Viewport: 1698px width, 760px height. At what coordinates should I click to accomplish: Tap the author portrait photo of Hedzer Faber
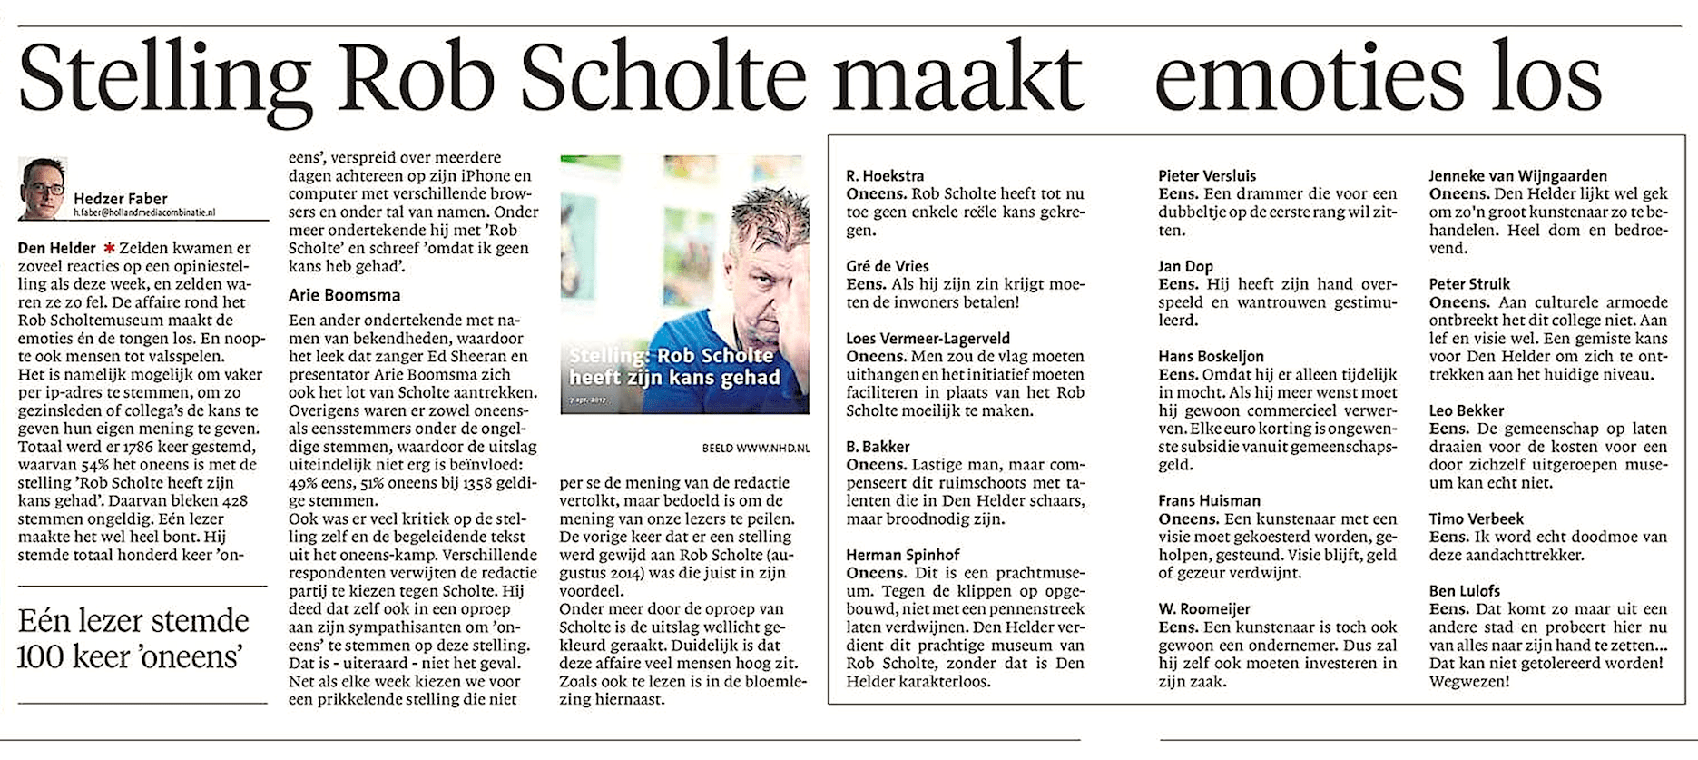coord(43,189)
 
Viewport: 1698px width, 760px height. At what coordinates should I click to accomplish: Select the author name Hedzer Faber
coord(121,199)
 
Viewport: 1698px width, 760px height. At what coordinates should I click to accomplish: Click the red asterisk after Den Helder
coord(109,248)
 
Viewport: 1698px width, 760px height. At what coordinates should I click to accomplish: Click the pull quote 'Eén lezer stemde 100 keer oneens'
coord(133,638)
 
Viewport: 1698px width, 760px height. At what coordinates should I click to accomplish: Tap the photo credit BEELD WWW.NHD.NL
coord(755,449)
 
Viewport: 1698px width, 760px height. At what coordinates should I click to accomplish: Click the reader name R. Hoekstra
coord(885,176)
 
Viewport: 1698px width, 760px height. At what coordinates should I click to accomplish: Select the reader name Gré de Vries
coord(888,266)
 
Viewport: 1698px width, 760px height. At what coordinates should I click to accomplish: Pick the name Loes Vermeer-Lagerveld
coord(928,339)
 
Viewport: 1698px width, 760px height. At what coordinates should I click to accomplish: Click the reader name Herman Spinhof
coord(903,555)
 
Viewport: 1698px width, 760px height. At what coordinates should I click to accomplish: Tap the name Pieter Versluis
coord(1207,176)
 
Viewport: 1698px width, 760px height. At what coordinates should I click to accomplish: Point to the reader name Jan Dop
coord(1185,266)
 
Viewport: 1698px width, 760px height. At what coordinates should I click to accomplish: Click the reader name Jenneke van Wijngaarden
coord(1517,176)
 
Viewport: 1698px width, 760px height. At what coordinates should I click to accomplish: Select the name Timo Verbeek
coord(1477,518)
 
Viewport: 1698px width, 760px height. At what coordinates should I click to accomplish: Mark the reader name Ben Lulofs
coord(1465,591)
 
